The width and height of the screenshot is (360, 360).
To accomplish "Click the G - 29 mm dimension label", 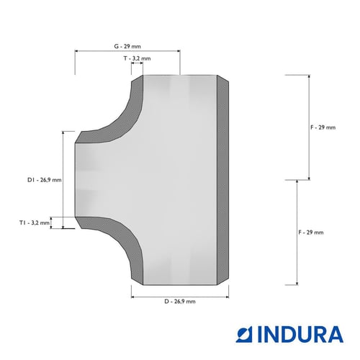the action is pyautogui.click(x=127, y=46).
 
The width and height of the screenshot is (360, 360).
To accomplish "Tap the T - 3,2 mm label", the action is pyautogui.click(x=137, y=58).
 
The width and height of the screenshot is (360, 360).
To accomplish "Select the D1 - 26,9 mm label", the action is pyautogui.click(x=45, y=180).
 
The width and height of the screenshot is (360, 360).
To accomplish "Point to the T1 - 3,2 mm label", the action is pyautogui.click(x=35, y=222).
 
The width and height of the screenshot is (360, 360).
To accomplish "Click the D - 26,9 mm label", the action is pyautogui.click(x=180, y=302).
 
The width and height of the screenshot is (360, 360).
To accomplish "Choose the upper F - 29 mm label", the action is pyautogui.click(x=323, y=127).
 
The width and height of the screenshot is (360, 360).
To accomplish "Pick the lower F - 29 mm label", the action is pyautogui.click(x=311, y=233).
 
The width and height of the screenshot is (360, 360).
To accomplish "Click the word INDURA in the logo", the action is pyautogui.click(x=300, y=334).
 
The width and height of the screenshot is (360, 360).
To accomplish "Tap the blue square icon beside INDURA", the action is pyautogui.click(x=244, y=334).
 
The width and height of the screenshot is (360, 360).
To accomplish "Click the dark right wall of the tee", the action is pyautogui.click(x=222, y=180).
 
